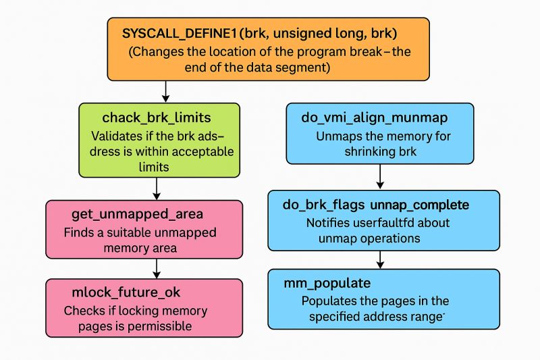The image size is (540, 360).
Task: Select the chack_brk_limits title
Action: [147, 118]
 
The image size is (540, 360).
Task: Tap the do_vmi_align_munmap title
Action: [375, 118]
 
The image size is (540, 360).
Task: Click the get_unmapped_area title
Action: [138, 215]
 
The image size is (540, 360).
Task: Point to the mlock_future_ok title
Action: [126, 292]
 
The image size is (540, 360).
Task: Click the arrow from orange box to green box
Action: [165, 91]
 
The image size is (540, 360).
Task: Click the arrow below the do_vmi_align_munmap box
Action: [381, 177]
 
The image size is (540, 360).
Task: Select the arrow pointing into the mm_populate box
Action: [381, 259]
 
